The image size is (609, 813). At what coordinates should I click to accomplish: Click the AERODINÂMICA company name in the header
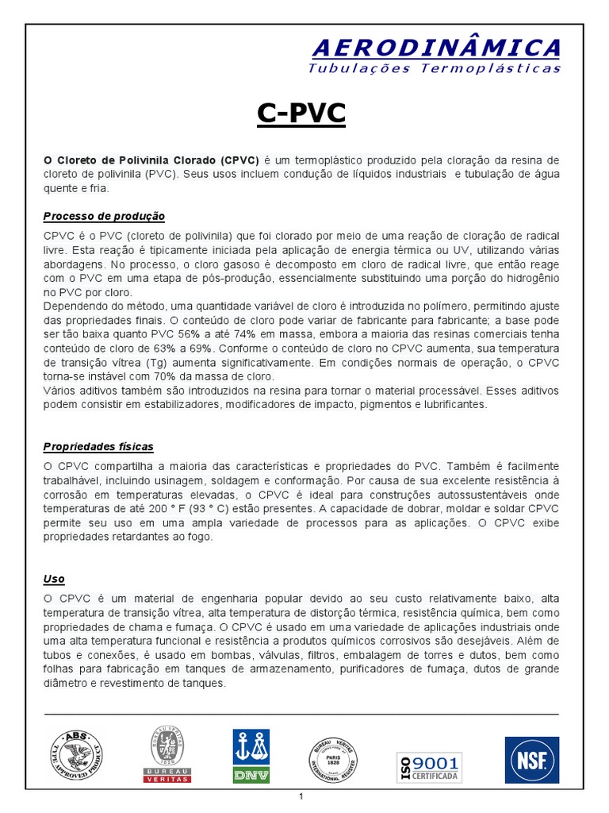click(x=436, y=48)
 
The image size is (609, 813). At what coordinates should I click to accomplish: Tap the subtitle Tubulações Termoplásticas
click(x=434, y=68)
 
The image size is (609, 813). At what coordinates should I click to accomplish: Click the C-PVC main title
click(x=301, y=115)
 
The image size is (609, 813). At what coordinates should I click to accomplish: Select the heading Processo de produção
click(x=104, y=216)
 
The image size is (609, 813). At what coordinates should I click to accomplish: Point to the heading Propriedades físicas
click(x=98, y=446)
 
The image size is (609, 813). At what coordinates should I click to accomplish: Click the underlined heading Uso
click(x=54, y=579)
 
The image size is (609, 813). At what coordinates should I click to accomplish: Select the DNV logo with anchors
click(x=251, y=756)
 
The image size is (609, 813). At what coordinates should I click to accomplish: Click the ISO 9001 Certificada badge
click(x=429, y=766)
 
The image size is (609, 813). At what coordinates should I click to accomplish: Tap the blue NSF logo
click(x=531, y=760)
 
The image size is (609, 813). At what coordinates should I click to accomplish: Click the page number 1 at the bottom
click(x=301, y=797)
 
